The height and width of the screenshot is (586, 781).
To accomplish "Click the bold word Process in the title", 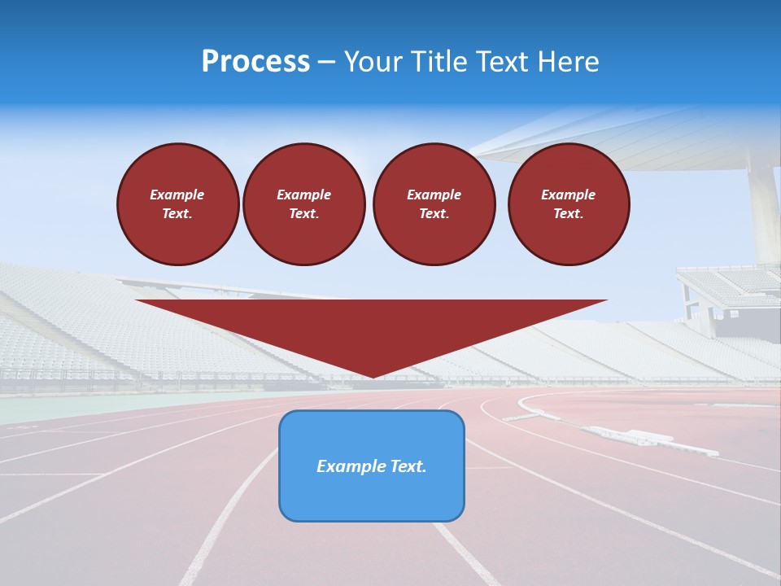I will [255, 62].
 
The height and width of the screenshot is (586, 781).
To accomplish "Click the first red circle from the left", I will [177, 204].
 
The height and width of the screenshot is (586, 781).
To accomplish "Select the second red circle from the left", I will [303, 204].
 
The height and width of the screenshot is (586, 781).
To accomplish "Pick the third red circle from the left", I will [434, 204].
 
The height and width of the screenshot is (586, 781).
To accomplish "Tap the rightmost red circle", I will [568, 204].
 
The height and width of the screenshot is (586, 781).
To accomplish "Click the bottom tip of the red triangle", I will [372, 376].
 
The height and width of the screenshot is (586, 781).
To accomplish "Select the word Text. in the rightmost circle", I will [568, 214].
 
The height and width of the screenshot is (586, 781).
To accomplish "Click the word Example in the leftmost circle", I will [177, 195].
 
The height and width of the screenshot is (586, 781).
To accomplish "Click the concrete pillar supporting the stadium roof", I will [765, 212].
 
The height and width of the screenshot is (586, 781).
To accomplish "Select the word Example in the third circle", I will [434, 195].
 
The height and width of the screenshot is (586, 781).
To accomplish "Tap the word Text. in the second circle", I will [303, 214].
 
